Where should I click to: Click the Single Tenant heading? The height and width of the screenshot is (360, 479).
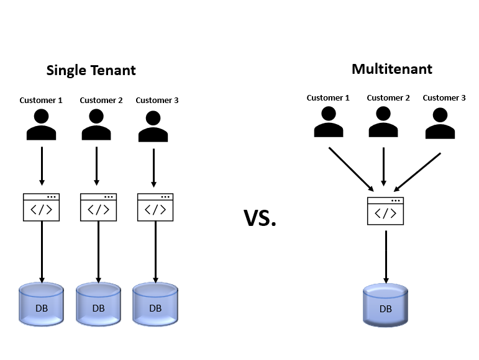point(91,70)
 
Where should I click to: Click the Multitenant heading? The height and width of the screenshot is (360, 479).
point(391,68)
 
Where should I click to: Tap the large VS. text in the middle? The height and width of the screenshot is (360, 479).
point(260,218)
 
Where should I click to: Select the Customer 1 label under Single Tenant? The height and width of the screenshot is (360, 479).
point(41,100)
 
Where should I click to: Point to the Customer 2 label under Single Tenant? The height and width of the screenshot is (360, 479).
point(101,100)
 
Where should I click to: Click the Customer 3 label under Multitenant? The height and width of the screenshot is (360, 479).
point(444,97)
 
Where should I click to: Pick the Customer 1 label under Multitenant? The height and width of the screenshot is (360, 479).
point(328,97)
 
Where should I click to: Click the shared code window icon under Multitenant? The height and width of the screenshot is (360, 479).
point(385,211)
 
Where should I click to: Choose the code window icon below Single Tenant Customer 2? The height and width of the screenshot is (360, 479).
point(99,207)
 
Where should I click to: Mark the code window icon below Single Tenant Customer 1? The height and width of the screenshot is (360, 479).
point(42,207)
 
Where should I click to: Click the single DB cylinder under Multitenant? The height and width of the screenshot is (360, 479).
point(386,305)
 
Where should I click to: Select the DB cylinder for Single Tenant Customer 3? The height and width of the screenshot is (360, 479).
point(155,304)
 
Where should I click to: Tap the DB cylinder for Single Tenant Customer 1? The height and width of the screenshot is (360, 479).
point(42,304)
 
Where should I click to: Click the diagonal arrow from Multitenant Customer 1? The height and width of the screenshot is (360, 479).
point(351,169)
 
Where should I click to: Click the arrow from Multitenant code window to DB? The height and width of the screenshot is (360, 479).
point(386,256)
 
